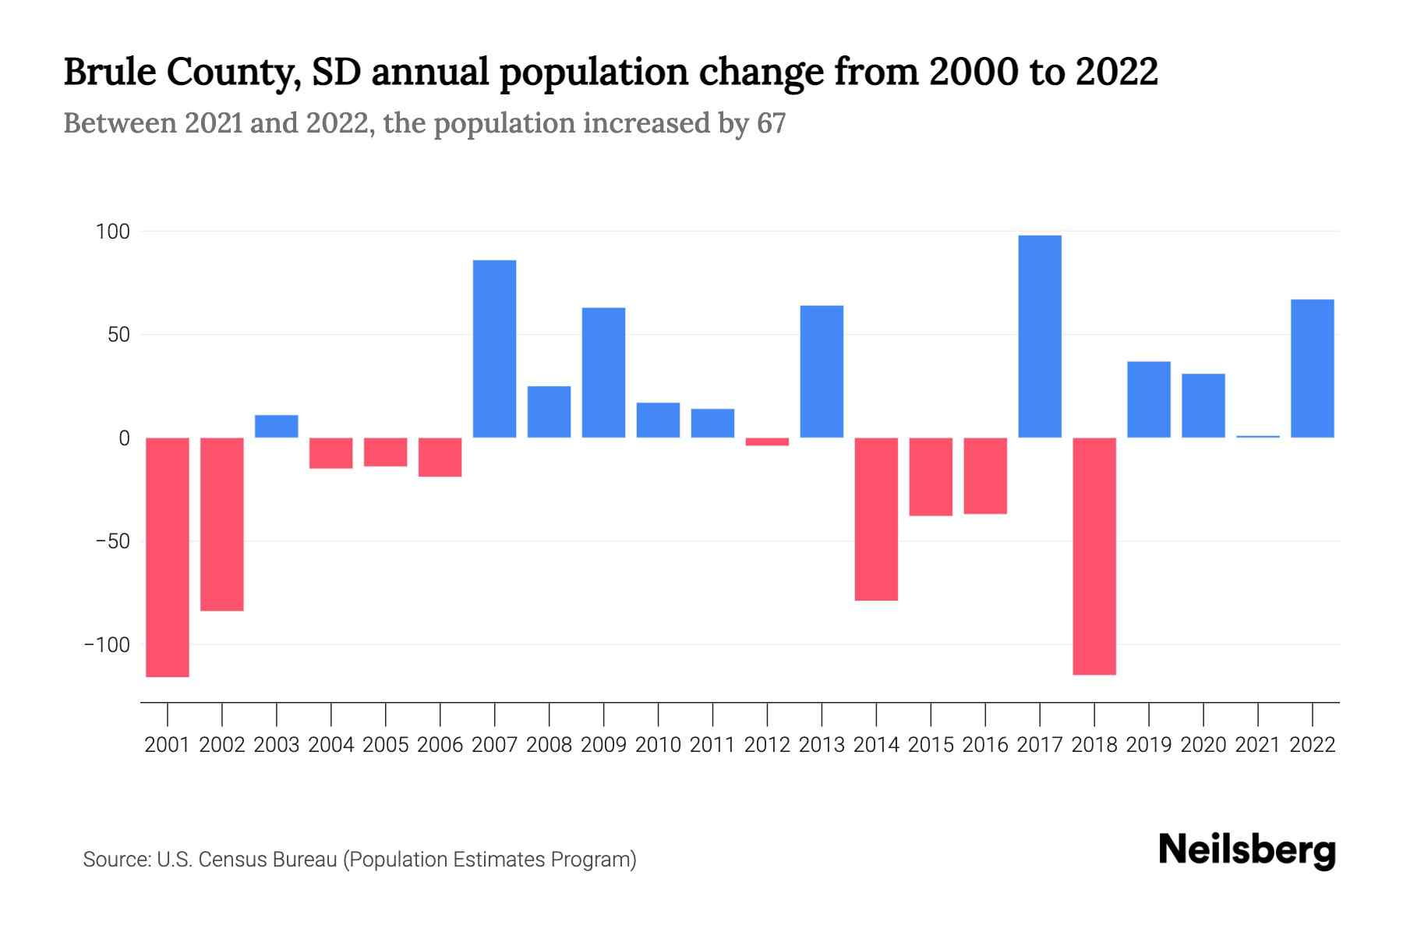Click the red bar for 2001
point(168,557)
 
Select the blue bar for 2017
point(1040,336)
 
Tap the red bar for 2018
point(1094,555)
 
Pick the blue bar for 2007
point(495,349)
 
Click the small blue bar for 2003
point(277,426)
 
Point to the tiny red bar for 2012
point(767,441)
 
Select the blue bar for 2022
point(1312,368)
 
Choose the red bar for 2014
point(876,519)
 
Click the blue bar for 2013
point(822,371)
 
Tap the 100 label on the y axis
point(112,232)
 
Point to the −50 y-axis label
point(108,541)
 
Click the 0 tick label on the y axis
point(124,438)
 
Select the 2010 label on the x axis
point(658,745)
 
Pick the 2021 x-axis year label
point(1257,745)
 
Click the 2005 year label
point(386,745)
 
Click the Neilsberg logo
point(1247,850)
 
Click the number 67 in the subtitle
point(770,123)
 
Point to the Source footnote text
point(359,860)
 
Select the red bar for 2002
point(222,524)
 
